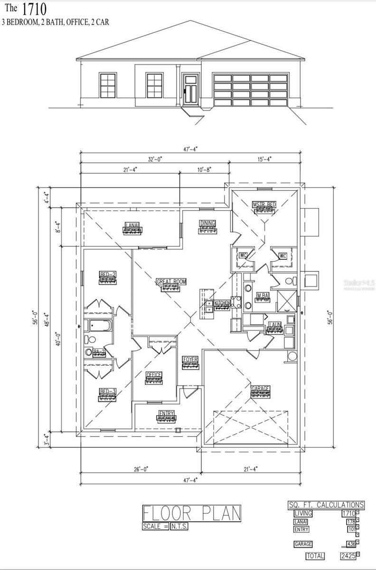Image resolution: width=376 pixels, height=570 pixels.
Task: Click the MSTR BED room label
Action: (x=264, y=204)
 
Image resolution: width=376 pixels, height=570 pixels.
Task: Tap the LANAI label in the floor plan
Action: (x=132, y=225)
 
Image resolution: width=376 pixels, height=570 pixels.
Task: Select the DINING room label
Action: (x=208, y=223)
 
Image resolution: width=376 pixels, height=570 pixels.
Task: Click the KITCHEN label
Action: (x=222, y=303)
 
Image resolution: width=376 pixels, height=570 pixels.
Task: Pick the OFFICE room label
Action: (x=154, y=375)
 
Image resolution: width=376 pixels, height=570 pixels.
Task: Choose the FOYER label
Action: (x=190, y=360)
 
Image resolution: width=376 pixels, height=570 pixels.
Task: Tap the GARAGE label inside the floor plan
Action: (x=260, y=389)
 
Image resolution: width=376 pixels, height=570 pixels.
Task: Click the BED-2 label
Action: (x=108, y=274)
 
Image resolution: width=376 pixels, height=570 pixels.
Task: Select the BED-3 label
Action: (x=108, y=391)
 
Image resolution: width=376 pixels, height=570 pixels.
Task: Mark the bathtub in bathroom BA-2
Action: (x=99, y=326)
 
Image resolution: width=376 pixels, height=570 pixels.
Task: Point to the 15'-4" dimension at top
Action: (x=264, y=160)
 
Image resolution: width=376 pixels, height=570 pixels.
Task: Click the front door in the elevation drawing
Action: (x=191, y=89)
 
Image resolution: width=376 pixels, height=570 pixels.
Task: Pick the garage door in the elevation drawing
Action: (x=251, y=90)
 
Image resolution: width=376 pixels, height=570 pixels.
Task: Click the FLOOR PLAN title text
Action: (x=191, y=513)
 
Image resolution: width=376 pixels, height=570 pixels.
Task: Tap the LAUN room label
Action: (x=274, y=325)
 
